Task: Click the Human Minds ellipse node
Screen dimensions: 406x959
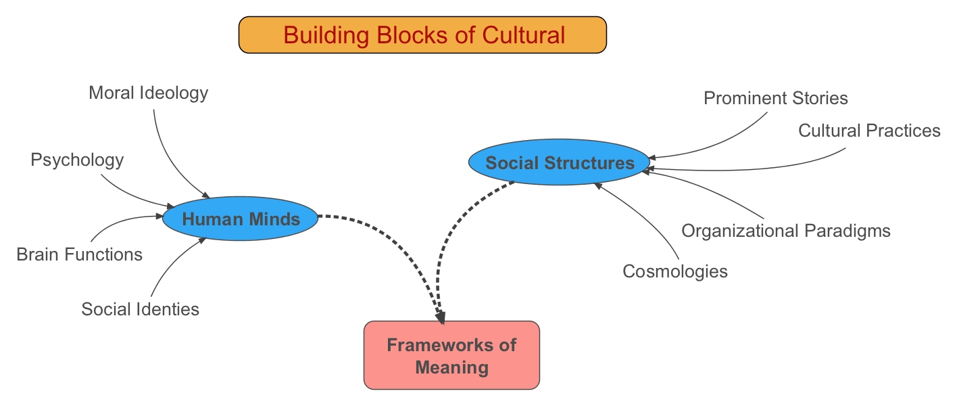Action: [241, 219]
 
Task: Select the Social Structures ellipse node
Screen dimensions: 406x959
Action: [560, 162]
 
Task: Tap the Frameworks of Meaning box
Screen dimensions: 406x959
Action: [451, 355]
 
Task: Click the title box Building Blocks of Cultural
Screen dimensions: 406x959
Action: [423, 35]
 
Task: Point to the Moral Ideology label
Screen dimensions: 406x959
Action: [148, 93]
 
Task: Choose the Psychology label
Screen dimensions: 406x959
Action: [77, 160]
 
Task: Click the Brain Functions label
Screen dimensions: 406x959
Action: [79, 254]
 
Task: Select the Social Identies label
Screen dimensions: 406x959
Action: [140, 309]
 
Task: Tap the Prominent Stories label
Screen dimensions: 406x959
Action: [775, 98]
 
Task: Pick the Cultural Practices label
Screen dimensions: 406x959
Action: [869, 130]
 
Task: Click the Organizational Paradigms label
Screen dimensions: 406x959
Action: [785, 231]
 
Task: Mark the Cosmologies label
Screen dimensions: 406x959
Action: [675, 271]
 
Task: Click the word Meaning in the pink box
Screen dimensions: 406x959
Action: [451, 367]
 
